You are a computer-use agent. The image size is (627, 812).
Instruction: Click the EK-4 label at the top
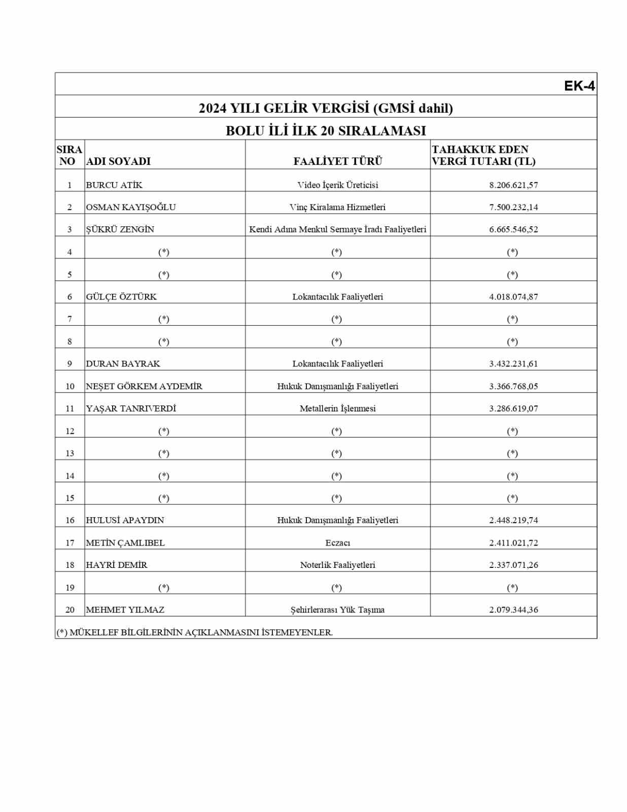pyautogui.click(x=579, y=86)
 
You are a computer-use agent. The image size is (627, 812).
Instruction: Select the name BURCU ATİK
pyautogui.click(x=114, y=185)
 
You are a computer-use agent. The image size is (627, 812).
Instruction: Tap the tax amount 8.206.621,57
pyautogui.click(x=513, y=185)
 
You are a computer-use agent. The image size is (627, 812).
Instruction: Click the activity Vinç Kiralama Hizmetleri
pyautogui.click(x=337, y=207)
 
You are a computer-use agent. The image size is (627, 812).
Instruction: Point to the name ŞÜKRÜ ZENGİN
pyautogui.click(x=120, y=229)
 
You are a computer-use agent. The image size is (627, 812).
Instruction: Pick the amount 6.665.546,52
pyautogui.click(x=513, y=229)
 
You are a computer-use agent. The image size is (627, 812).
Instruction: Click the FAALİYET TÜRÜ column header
pyautogui.click(x=337, y=161)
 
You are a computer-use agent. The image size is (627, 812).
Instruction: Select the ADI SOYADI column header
pyautogui.click(x=118, y=161)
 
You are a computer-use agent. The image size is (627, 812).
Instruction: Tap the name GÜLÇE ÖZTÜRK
pyautogui.click(x=121, y=297)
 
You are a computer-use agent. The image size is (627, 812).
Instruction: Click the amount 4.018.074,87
pyautogui.click(x=513, y=297)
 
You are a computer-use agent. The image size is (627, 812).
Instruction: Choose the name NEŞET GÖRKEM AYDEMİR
pyautogui.click(x=144, y=386)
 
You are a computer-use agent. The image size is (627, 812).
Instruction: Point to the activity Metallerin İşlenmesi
pyautogui.click(x=337, y=409)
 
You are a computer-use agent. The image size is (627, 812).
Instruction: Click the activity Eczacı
pyautogui.click(x=337, y=543)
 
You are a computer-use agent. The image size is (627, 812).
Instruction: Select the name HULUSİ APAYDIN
pyautogui.click(x=125, y=520)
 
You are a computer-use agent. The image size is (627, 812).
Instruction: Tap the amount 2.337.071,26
pyautogui.click(x=513, y=565)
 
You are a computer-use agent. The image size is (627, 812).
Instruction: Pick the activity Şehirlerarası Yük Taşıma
pyautogui.click(x=337, y=610)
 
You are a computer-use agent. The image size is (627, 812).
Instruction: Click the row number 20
pyautogui.click(x=70, y=610)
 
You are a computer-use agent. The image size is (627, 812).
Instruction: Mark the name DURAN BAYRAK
pyautogui.click(x=123, y=364)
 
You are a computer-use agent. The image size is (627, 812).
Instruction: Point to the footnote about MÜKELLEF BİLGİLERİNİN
pyautogui.click(x=194, y=632)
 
